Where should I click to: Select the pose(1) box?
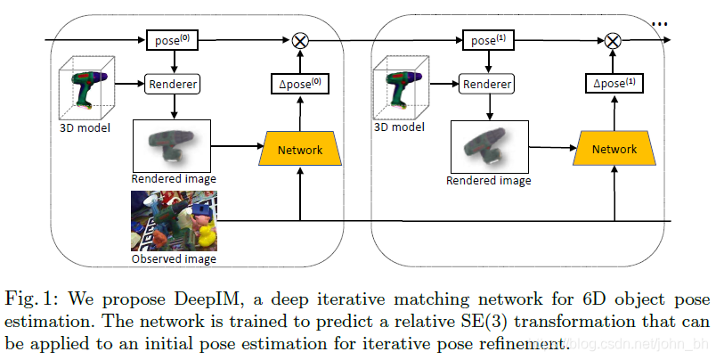(x=487, y=40)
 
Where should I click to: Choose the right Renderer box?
(x=487, y=86)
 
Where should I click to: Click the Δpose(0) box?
(x=299, y=85)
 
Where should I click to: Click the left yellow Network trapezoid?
(x=299, y=149)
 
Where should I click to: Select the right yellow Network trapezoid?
(x=614, y=149)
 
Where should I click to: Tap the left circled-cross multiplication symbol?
(x=299, y=40)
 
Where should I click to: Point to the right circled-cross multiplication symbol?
(x=612, y=40)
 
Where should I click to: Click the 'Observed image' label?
(x=174, y=259)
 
